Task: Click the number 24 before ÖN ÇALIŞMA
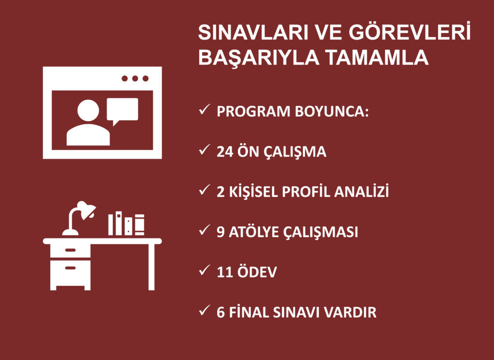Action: click(225, 152)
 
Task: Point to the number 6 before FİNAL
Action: click(221, 312)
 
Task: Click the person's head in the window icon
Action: click(88, 111)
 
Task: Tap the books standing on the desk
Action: click(126, 224)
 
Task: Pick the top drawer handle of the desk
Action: click(70, 250)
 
